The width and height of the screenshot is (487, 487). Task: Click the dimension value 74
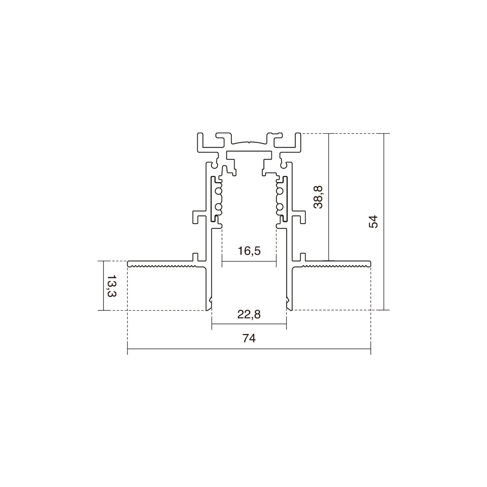coord(249,338)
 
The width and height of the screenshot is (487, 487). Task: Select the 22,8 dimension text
coord(249,315)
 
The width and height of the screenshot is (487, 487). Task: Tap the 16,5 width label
coord(249,251)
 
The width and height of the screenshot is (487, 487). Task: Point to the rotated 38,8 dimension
coord(318,197)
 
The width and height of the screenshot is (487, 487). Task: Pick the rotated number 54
coord(373,222)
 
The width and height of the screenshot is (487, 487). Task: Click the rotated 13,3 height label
coord(112,286)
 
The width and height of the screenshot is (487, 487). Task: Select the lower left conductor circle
coord(219,207)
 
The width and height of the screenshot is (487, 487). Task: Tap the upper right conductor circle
coord(280,191)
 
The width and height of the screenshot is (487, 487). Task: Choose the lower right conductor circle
coord(280,207)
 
